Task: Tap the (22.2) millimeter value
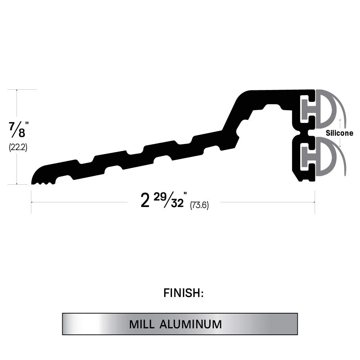[18, 147]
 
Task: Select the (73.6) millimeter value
[199, 205]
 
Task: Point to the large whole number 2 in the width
[145, 201]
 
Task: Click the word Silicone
[339, 133]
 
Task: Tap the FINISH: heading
[184, 293]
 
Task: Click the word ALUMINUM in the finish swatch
[191, 324]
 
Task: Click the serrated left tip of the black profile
[42, 180]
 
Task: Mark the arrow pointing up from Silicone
[340, 122]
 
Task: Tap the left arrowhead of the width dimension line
[32, 202]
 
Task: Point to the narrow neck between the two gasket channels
[305, 133]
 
